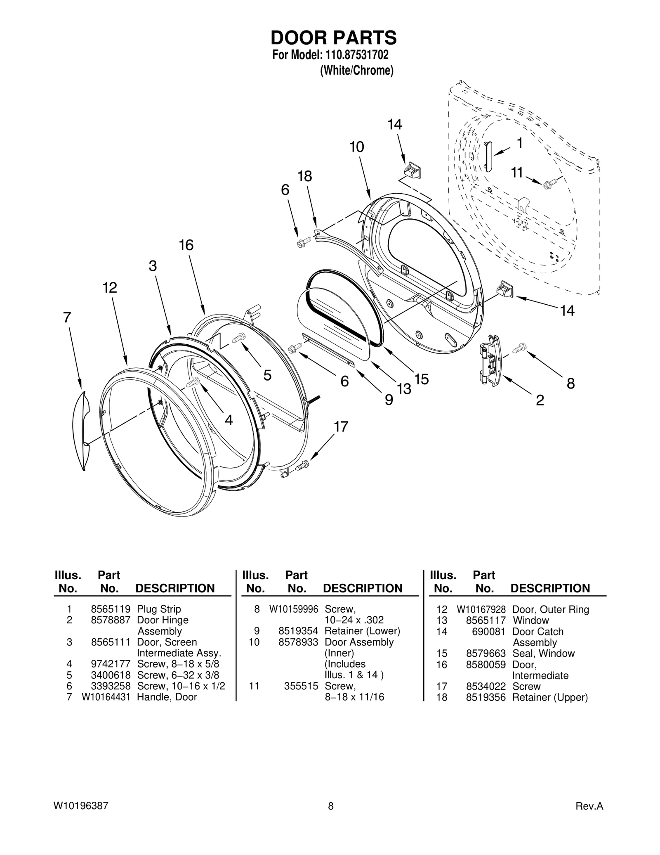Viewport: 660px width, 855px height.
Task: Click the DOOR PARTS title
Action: (333, 38)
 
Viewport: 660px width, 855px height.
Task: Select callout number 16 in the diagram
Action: (186, 245)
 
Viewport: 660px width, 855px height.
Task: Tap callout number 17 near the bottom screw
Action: (341, 426)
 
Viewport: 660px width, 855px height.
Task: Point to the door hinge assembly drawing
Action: (490, 360)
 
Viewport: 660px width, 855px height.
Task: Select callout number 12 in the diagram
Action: (110, 287)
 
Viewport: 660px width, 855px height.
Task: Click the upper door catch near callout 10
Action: (412, 170)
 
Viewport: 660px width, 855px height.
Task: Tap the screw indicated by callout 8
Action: (521, 348)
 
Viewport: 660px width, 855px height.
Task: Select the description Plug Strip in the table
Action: (159, 609)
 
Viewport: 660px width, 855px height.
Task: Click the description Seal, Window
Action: (543, 653)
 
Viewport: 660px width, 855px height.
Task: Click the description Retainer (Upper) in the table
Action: (550, 697)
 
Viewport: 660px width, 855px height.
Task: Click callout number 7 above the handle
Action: (67, 317)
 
